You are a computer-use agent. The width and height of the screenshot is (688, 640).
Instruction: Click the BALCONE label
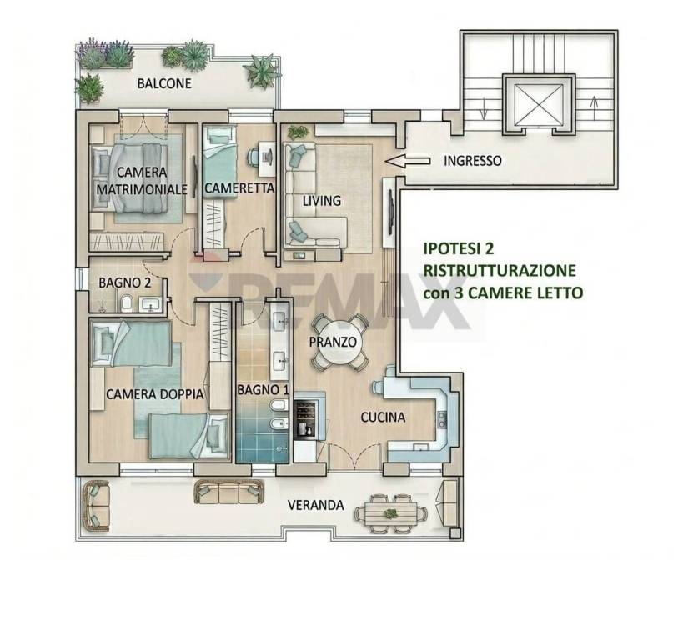164,83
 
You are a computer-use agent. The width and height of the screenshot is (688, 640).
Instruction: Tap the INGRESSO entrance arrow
407,161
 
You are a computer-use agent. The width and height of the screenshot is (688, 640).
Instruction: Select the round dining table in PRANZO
337,342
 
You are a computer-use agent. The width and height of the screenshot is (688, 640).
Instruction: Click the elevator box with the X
538,103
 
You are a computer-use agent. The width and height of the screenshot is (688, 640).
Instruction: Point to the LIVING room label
322,201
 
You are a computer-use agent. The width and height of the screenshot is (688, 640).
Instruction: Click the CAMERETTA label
239,188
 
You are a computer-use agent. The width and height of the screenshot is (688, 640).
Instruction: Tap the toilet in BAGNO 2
128,302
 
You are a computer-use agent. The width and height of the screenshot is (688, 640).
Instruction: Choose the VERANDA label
315,505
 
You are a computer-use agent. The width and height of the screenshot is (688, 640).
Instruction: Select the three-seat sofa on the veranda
228,492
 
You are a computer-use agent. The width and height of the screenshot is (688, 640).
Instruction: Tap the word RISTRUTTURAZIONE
500,270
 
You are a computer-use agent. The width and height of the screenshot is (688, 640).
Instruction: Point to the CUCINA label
383,417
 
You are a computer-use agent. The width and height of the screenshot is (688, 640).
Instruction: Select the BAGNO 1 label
263,389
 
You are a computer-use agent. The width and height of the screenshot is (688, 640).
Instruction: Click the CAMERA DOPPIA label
155,394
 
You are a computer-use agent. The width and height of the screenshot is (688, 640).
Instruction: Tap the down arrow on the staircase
483,108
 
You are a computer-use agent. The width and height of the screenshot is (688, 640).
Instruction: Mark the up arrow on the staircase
594,107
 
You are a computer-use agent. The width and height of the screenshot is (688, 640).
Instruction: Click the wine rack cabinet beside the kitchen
306,418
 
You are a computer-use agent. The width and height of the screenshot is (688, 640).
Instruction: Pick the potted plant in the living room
299,132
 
